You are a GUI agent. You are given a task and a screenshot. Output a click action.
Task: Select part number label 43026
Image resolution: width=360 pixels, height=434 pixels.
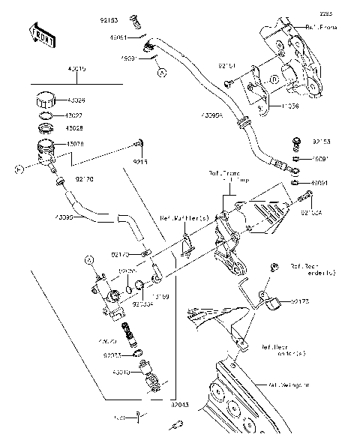[x=76, y=100]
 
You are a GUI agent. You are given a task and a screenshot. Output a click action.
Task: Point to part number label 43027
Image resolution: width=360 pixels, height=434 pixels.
[x=76, y=116]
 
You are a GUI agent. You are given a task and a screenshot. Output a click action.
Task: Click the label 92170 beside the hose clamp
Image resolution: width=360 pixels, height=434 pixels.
[x=85, y=179]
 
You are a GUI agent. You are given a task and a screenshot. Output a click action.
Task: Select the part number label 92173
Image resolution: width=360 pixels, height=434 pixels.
[x=301, y=301]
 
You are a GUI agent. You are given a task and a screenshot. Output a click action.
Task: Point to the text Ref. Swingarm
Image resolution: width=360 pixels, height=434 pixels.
[x=289, y=385]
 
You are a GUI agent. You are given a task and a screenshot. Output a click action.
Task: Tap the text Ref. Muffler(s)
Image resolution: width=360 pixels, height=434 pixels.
[x=184, y=218]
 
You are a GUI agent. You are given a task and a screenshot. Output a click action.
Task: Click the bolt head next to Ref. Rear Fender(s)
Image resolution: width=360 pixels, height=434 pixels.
[x=275, y=266]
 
